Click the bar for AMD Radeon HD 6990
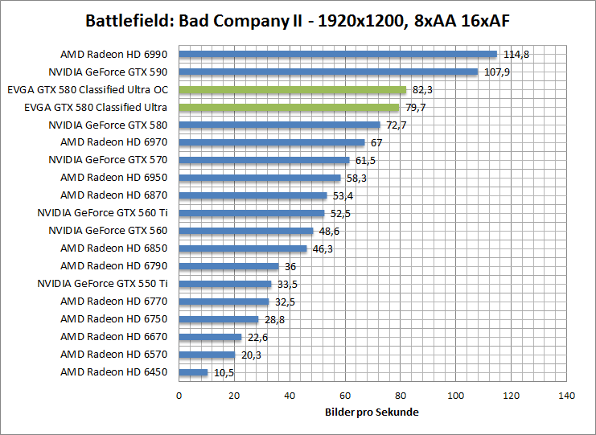point(338,55)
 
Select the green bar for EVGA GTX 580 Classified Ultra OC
point(293,90)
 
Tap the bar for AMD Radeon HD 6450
point(193,372)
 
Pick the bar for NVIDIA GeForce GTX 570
point(264,160)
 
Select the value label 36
point(291,267)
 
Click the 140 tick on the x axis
point(566,396)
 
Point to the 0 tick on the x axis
point(179,396)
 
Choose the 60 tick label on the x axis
point(345,396)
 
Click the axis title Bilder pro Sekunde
point(372,412)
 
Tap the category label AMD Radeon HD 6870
point(113,195)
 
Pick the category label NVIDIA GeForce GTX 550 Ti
point(102,284)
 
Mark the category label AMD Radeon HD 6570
point(113,355)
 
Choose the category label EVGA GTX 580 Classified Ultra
point(96,108)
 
